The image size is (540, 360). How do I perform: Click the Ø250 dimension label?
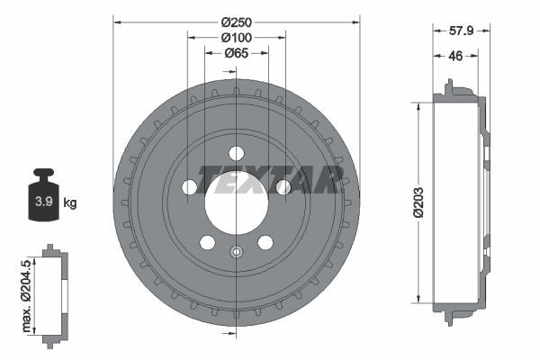[x=236, y=21]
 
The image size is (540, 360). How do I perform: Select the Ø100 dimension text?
[x=236, y=37]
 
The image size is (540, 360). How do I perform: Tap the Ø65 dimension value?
[x=236, y=53]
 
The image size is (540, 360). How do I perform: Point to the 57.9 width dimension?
[x=462, y=30]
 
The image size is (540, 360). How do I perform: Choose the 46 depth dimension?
[x=457, y=56]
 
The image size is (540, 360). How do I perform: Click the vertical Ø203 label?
[x=418, y=202]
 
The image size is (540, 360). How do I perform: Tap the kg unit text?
[x=70, y=202]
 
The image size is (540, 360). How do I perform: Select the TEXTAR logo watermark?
[x=270, y=180]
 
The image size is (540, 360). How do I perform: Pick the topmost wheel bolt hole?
[x=236, y=152]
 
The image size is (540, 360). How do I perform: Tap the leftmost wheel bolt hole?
[x=190, y=186]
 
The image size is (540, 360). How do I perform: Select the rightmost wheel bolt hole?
[x=283, y=186]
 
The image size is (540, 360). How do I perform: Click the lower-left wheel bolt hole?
[x=207, y=242]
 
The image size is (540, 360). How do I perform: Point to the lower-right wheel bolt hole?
[x=265, y=242]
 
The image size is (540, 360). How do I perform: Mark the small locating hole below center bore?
[x=236, y=252]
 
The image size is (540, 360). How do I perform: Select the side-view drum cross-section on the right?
[x=459, y=202]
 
